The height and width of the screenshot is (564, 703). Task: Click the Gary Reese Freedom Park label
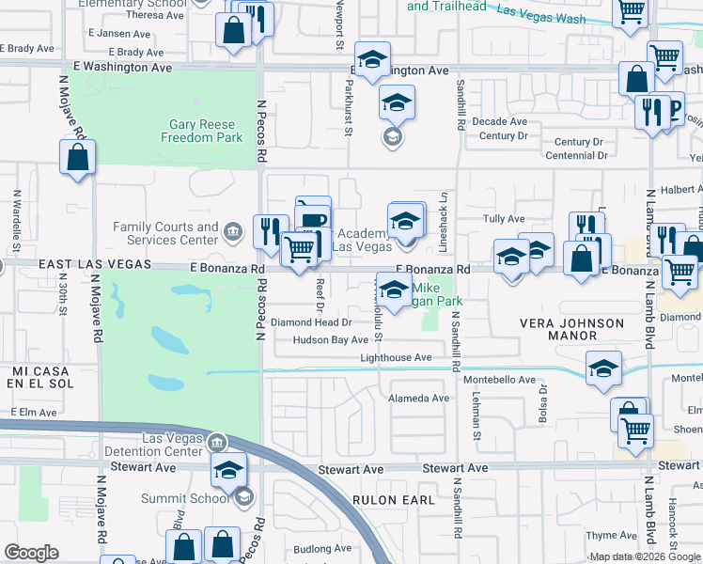tap(206, 131)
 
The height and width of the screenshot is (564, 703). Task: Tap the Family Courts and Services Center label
tap(165, 233)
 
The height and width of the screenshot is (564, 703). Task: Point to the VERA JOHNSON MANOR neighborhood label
tap(571, 329)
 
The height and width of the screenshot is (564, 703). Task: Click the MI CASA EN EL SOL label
tap(42, 378)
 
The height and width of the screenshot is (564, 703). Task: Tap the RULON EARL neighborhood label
tap(389, 500)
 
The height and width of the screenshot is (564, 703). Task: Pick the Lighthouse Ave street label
tap(396, 357)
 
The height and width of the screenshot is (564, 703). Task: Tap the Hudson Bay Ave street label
tap(330, 339)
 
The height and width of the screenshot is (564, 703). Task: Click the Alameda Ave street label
tap(419, 398)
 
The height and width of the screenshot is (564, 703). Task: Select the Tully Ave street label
tap(504, 219)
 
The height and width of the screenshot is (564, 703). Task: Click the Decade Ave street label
tap(499, 121)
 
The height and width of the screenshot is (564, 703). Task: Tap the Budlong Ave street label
tap(320, 548)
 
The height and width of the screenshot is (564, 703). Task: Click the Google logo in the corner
tap(32, 553)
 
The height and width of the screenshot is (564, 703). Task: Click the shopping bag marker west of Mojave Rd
tap(78, 158)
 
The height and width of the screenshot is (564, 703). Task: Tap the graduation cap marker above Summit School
tap(228, 470)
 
